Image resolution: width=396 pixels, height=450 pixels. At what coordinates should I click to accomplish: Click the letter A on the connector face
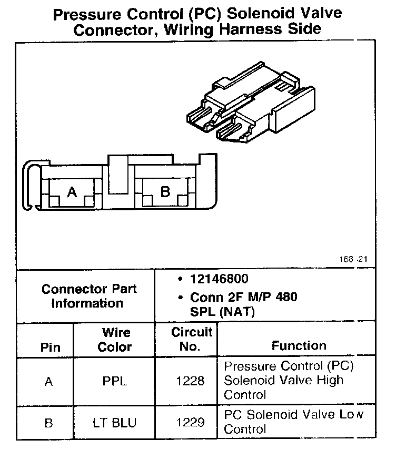73,192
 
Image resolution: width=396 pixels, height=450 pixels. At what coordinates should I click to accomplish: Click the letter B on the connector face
165,192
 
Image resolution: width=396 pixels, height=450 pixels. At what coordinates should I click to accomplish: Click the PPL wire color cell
114,382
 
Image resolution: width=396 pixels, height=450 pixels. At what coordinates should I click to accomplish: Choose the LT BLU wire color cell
114,422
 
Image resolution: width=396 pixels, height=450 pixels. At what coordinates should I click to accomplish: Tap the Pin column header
50,347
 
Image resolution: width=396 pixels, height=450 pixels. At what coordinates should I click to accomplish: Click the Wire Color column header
116,340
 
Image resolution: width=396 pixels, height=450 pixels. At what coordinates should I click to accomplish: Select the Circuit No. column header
192,339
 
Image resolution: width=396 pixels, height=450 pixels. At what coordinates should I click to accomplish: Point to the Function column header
299,345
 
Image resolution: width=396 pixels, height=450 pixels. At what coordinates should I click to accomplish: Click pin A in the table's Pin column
49,382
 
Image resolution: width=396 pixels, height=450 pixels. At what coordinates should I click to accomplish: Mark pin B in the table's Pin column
49,422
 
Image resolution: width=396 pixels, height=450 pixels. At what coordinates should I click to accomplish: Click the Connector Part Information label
89,296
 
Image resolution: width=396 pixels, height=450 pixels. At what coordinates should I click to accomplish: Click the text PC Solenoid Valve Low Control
293,422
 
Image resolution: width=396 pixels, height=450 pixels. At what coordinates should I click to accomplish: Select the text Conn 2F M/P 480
243,297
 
